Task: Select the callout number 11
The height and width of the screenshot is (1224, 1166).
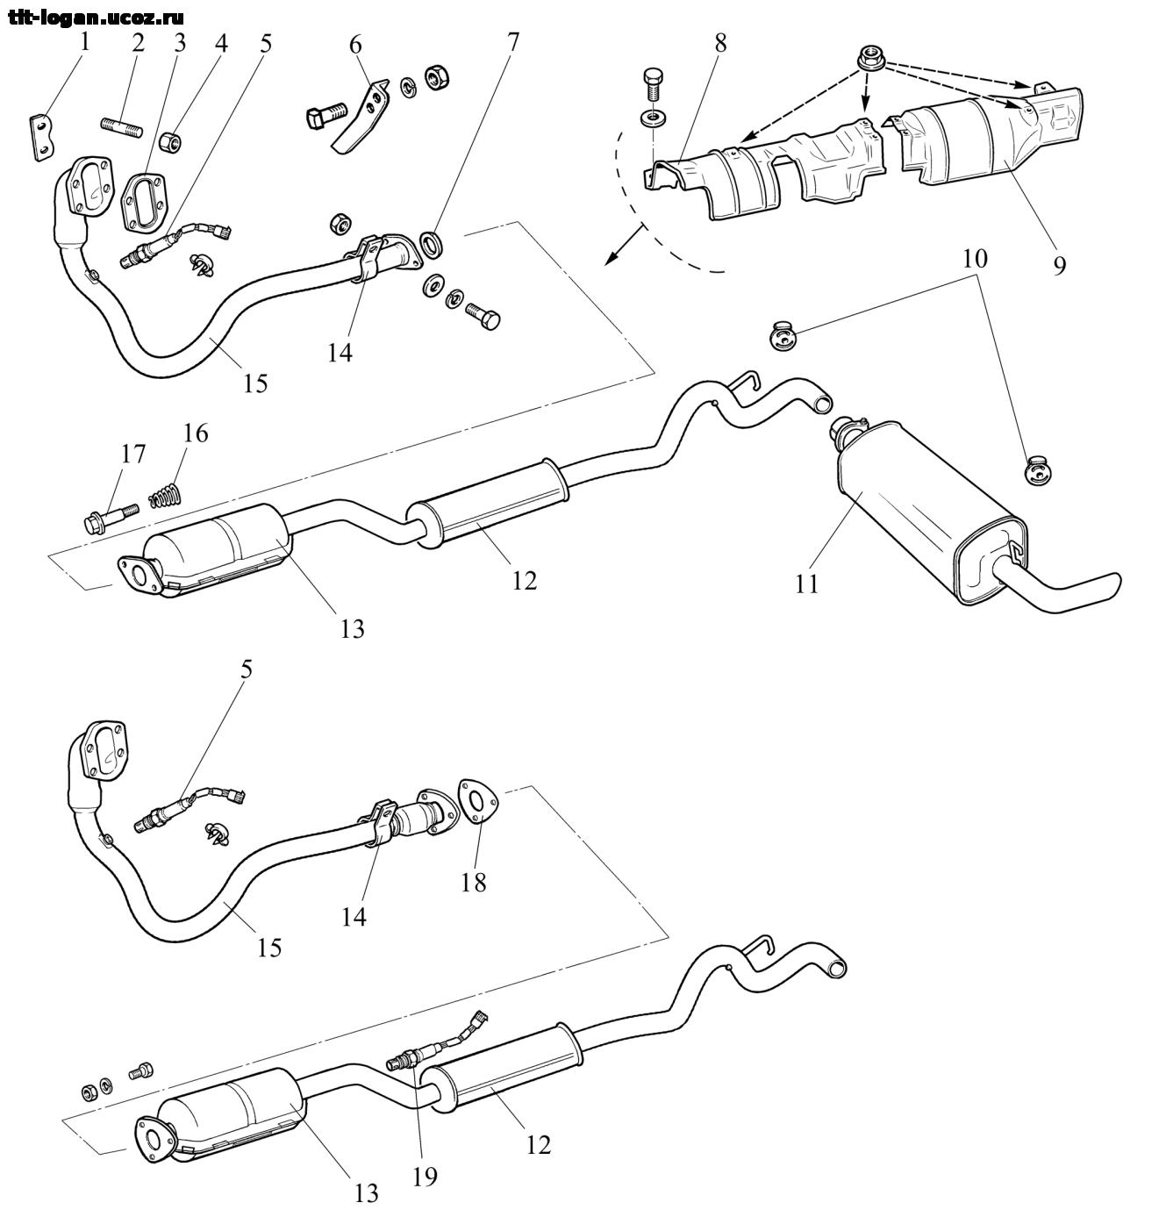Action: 806,583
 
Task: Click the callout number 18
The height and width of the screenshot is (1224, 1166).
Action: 474,881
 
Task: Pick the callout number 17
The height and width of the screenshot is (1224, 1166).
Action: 133,455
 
